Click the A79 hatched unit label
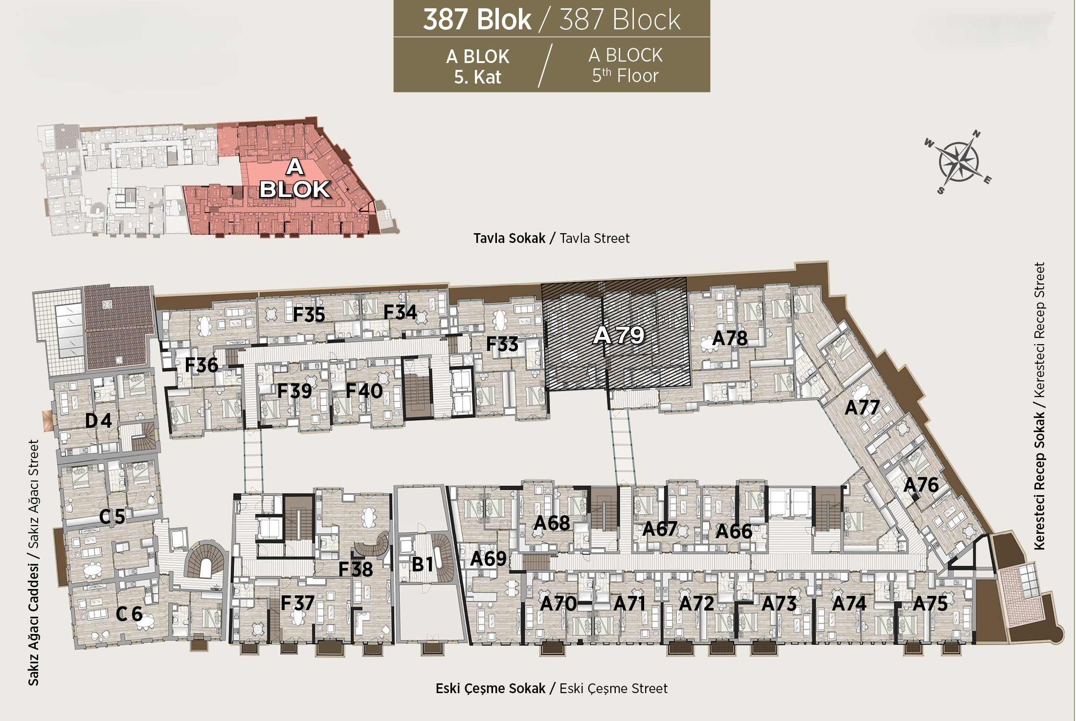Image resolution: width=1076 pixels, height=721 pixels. pyautogui.click(x=619, y=335)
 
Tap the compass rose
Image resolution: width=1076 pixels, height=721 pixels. pyautogui.click(x=958, y=162)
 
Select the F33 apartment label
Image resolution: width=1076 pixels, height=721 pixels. pyautogui.click(x=502, y=344)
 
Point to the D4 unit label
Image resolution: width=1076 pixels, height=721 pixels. pyautogui.click(x=98, y=420)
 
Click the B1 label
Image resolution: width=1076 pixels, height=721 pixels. pyautogui.click(x=423, y=564)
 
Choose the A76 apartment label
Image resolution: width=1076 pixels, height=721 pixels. pyautogui.click(x=921, y=485)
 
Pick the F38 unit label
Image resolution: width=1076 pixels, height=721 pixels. pyautogui.click(x=356, y=569)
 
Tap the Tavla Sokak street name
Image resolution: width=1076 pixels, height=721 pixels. pyautogui.click(x=509, y=238)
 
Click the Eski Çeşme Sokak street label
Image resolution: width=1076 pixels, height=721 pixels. pyautogui.click(x=490, y=688)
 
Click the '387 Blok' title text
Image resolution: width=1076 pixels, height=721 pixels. pyautogui.click(x=477, y=20)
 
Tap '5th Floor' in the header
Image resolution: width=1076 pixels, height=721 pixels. pyautogui.click(x=625, y=76)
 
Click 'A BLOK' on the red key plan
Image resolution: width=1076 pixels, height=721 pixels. pyautogui.click(x=294, y=178)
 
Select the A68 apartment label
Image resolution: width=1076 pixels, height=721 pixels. pyautogui.click(x=551, y=523)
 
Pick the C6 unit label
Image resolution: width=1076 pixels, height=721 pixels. pyautogui.click(x=129, y=614)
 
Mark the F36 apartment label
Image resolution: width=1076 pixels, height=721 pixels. pyautogui.click(x=201, y=365)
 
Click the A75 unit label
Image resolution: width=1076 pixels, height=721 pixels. pyautogui.click(x=930, y=604)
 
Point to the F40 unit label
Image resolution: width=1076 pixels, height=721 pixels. pyautogui.click(x=364, y=391)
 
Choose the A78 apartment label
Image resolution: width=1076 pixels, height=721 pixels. pyautogui.click(x=730, y=338)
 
